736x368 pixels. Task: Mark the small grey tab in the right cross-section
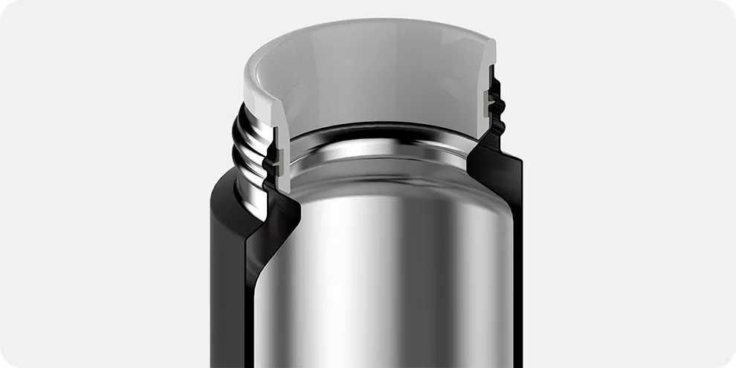pyautogui.click(x=488, y=103)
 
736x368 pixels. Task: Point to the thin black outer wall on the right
pyautogui.click(x=517, y=260)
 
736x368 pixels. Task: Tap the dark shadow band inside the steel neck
pyautogui.click(x=379, y=134)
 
